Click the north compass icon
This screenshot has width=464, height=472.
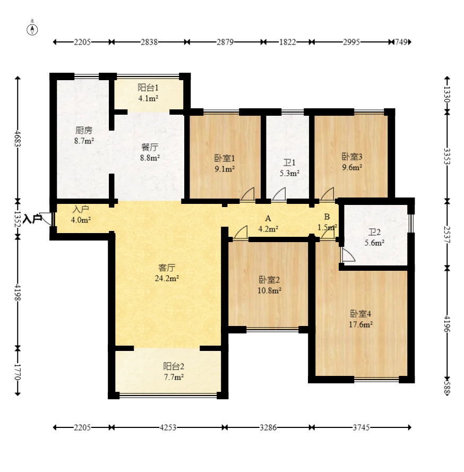click(32, 30)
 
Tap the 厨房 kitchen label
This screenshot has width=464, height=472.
click(84, 130)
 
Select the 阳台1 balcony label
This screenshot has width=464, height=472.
click(148, 88)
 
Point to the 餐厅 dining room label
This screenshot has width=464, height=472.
click(150, 147)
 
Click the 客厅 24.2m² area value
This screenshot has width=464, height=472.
click(167, 278)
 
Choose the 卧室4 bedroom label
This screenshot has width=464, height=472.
click(360, 314)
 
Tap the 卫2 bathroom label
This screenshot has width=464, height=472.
click(375, 232)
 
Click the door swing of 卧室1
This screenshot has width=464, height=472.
click(247, 194)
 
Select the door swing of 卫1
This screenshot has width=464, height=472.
click(279, 194)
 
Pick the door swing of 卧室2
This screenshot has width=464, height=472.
click(240, 233)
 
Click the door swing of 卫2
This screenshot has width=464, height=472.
click(348, 255)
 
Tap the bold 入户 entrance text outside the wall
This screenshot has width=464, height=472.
click(32, 219)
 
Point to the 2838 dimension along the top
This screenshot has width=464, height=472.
click(149, 42)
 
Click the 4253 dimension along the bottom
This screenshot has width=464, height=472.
click(168, 427)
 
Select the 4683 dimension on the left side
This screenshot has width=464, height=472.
click(18, 139)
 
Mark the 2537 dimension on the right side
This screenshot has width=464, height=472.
click(447, 235)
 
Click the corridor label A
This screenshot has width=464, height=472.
click(268, 219)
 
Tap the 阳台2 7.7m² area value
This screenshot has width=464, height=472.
click(174, 377)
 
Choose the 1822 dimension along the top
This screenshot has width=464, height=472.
click(288, 42)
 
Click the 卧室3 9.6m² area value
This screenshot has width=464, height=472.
click(352, 167)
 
